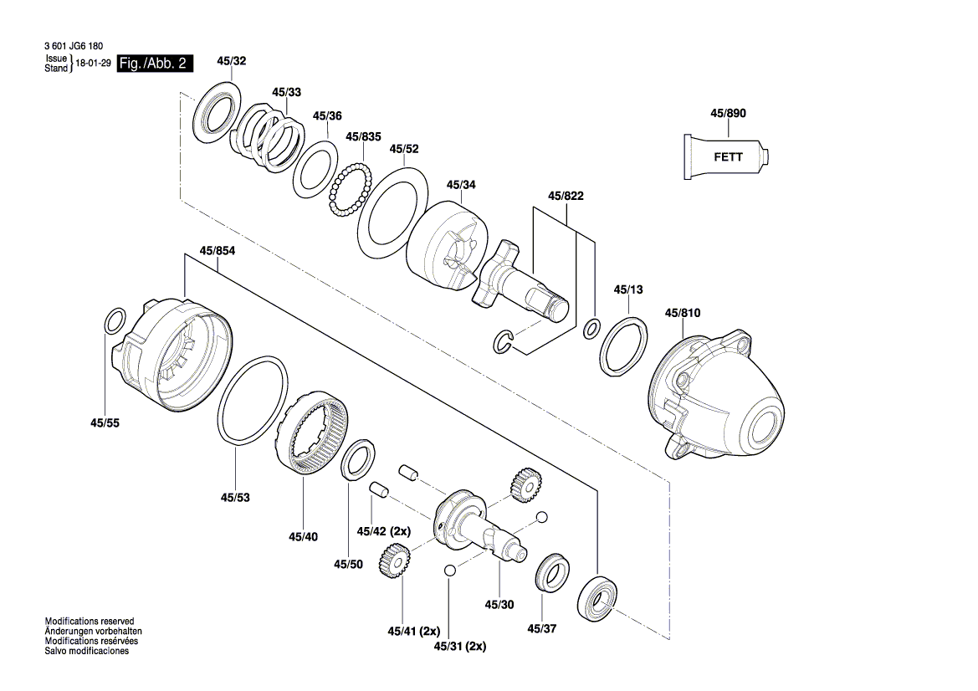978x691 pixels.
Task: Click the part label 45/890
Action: [727, 112]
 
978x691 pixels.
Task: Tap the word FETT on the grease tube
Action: [727, 156]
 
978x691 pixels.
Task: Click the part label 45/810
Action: [683, 313]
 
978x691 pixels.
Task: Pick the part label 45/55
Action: [105, 423]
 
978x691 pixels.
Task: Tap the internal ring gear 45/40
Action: [314, 436]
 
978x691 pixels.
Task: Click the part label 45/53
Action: [236, 497]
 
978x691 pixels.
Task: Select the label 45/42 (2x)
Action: [384, 530]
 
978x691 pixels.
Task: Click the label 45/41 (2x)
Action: [414, 630]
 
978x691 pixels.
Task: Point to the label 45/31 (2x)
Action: [460, 646]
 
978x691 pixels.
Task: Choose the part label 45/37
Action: [541, 629]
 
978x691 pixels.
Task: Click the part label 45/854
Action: [217, 249]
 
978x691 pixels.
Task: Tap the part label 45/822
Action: [566, 196]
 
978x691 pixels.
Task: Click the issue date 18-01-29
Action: [93, 64]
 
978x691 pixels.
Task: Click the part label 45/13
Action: [628, 289]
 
